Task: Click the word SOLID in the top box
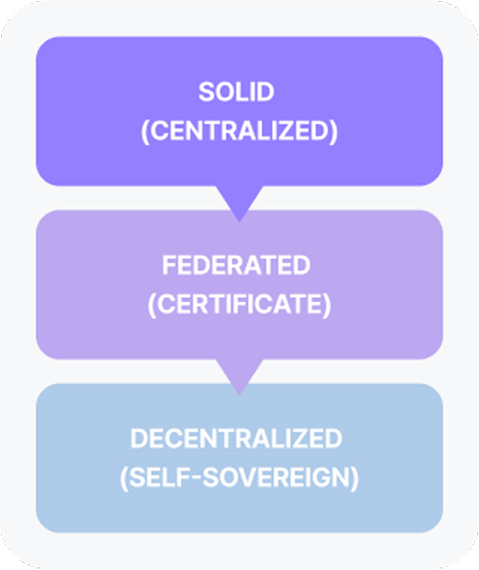coord(237,92)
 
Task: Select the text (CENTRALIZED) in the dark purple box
coord(239,131)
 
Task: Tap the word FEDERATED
coord(237,265)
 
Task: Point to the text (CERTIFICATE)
coord(239,304)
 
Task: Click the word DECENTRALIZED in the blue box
coord(237,438)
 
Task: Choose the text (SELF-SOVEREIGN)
coord(239,477)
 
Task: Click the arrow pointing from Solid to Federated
coord(239,203)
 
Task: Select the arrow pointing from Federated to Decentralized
coord(239,377)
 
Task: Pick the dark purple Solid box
coord(239,112)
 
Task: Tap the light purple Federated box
coord(239,285)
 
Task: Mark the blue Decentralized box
coord(239,458)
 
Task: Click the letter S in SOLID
coord(206,92)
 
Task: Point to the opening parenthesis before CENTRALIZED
coord(145,132)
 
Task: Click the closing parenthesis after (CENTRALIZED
coord(333,132)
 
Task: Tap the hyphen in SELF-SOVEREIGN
coord(196,477)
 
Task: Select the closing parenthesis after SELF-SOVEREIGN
coord(355,478)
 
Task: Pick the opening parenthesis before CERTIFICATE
coord(152,305)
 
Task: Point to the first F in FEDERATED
coord(169,265)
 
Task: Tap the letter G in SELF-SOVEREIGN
coord(322,477)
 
